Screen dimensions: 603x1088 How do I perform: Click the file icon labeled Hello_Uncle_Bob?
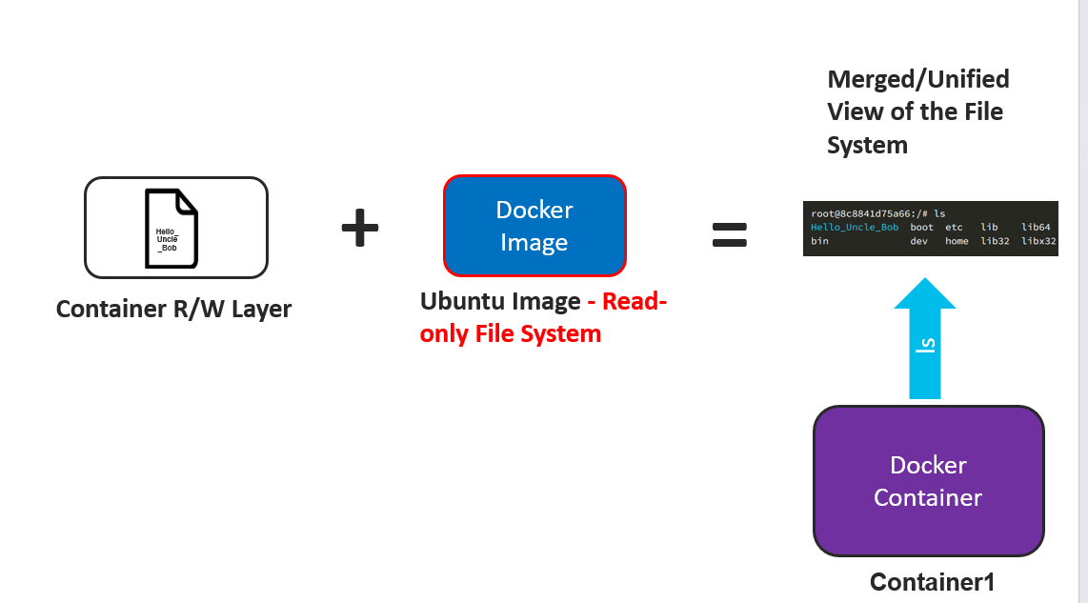(x=171, y=228)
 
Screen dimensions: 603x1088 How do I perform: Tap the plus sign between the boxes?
(x=360, y=229)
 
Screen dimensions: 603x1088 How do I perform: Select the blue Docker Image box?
(x=534, y=226)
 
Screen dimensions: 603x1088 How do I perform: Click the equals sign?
(x=730, y=234)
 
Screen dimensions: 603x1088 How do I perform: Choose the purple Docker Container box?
(x=928, y=481)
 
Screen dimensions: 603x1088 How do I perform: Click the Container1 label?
(x=932, y=582)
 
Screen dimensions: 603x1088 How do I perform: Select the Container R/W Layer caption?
(x=173, y=309)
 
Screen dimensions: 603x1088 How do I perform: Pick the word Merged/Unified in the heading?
(x=918, y=79)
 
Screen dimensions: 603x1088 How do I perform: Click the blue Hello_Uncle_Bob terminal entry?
(x=855, y=228)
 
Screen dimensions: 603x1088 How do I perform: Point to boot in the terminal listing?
(x=922, y=228)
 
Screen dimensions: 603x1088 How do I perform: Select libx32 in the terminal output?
(x=1038, y=242)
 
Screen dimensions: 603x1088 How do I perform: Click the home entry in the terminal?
(x=957, y=242)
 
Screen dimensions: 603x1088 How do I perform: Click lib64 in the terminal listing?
(x=1036, y=228)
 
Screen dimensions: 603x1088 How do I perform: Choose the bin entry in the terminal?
(x=819, y=242)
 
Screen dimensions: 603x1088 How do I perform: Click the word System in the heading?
(x=867, y=145)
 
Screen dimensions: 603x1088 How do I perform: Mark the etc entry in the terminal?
(x=954, y=228)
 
